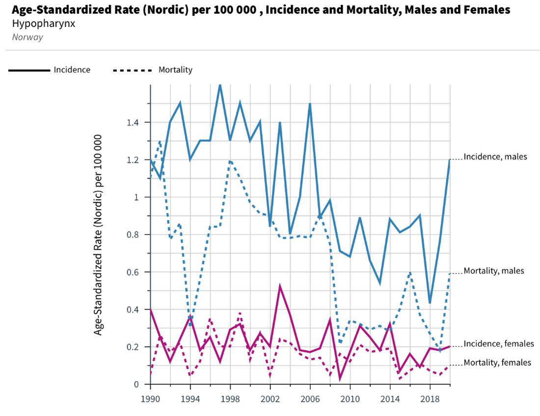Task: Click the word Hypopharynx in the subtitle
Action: coord(44,23)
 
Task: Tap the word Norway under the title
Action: coord(27,37)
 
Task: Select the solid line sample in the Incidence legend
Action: coord(29,70)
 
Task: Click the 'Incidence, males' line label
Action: coord(495,157)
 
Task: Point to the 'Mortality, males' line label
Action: coord(494,271)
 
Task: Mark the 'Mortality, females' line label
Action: coord(497,363)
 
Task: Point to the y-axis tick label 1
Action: coord(135,197)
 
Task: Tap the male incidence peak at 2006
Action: coord(310,104)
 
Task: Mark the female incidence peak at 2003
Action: coord(280,286)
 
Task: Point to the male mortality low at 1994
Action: coord(190,324)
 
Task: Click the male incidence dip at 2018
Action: coord(430,303)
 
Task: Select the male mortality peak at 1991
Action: coord(160,141)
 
